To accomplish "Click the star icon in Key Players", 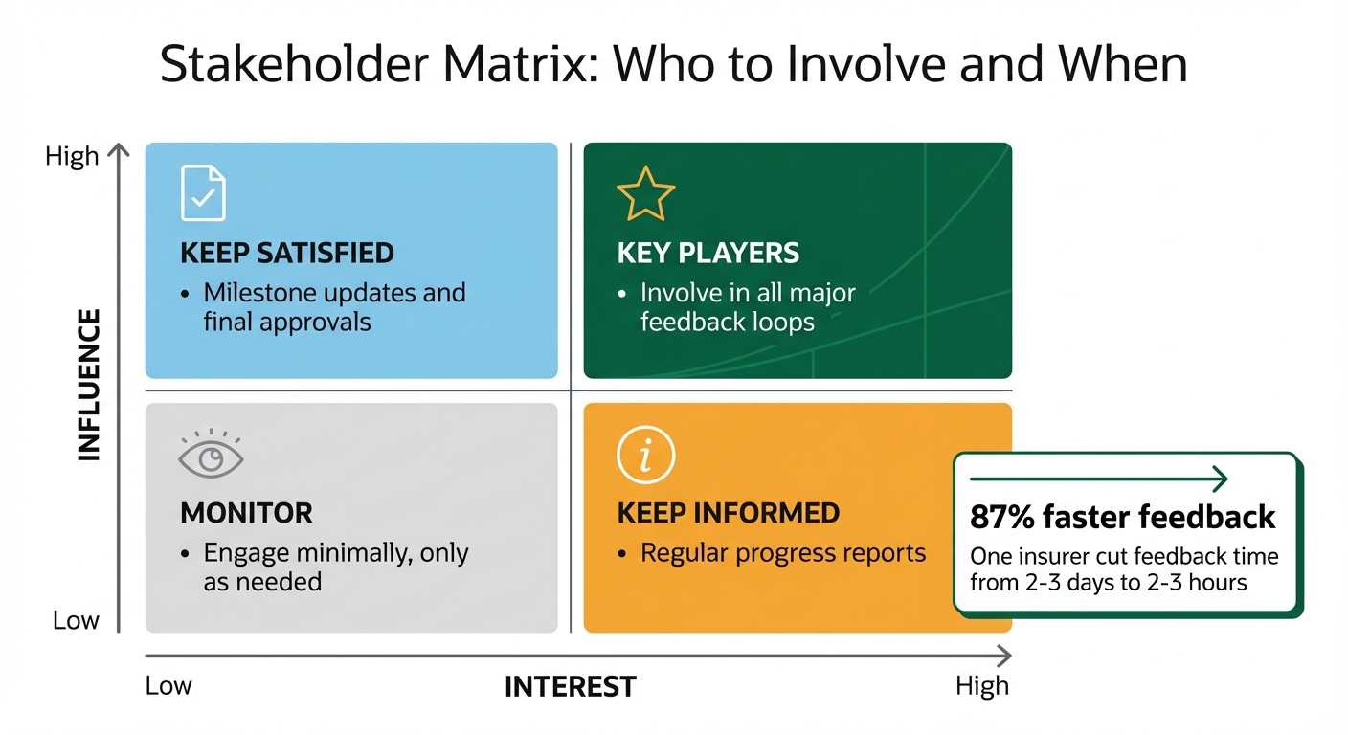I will tap(645, 193).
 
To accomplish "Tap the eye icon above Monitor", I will tap(211, 457).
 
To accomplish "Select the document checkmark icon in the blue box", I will tap(203, 193).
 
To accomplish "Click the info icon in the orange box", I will tap(645, 455).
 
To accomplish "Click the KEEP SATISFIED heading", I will tap(286, 254).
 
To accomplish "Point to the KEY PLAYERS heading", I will tap(708, 254).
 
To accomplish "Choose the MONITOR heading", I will tap(246, 514).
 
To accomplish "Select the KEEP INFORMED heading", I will tap(728, 513).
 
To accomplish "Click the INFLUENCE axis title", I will tap(88, 385).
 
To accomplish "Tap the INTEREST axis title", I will tap(570, 686).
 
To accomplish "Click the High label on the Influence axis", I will tap(72, 156).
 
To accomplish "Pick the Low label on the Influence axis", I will tap(76, 620).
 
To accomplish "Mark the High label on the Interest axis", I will tap(981, 686).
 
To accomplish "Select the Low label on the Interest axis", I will tap(168, 686).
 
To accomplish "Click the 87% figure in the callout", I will tap(1000, 518).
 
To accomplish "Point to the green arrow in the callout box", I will tap(1098, 478).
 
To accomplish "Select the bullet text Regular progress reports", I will tap(782, 553).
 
